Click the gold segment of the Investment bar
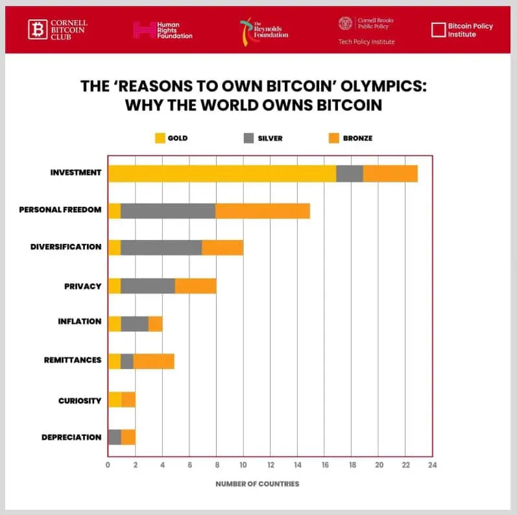[x=222, y=174]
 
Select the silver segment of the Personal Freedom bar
[x=168, y=211]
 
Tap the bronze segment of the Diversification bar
[x=222, y=247]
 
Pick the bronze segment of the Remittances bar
[x=154, y=361]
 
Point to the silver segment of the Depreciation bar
[x=114, y=437]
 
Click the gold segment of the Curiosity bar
[x=114, y=400]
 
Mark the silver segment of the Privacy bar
[x=148, y=285]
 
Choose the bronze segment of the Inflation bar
[x=156, y=323]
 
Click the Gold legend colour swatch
[x=160, y=138]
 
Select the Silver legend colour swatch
[x=248, y=138]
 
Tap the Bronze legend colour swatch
[x=335, y=138]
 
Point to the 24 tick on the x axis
[x=432, y=464]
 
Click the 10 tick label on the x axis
[x=243, y=464]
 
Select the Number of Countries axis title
[x=258, y=484]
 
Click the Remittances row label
[x=73, y=360]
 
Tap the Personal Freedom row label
[x=60, y=210]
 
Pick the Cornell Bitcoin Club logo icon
[x=38, y=29]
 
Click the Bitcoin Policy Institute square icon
[x=439, y=30]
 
